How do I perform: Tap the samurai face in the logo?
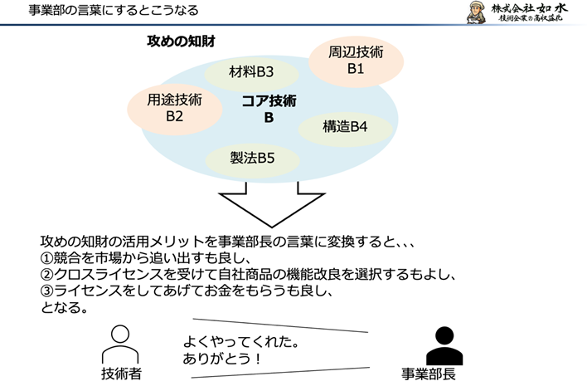coord(474,15)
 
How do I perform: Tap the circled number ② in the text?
coord(48,274)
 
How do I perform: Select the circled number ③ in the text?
coord(48,291)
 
